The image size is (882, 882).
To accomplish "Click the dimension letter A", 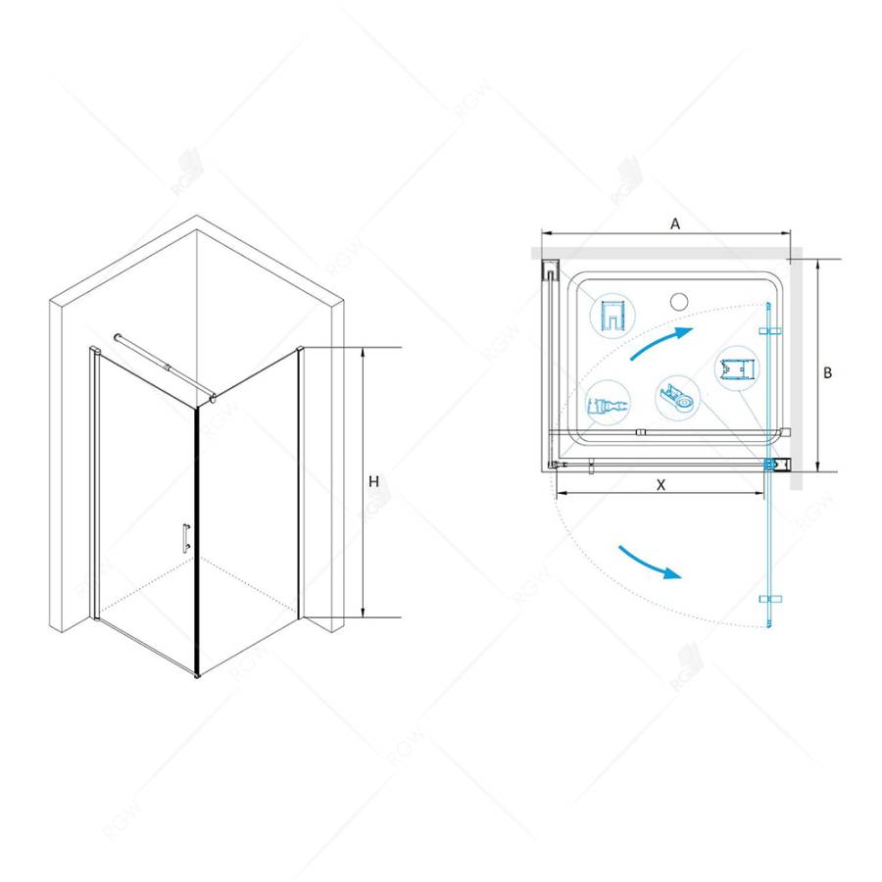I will coord(675,222).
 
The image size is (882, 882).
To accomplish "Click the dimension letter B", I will coord(827,372).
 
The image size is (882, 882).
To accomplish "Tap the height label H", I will coord(373,481).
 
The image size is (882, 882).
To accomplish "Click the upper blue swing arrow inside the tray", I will coord(661,344).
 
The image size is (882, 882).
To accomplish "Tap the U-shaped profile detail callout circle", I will coord(612,316).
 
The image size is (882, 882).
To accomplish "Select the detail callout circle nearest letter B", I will coord(737,370).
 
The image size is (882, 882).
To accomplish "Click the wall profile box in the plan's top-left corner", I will coord(552,269).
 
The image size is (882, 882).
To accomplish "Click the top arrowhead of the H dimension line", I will coord(362,352).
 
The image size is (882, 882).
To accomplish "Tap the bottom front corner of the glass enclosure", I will coord(200,675).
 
